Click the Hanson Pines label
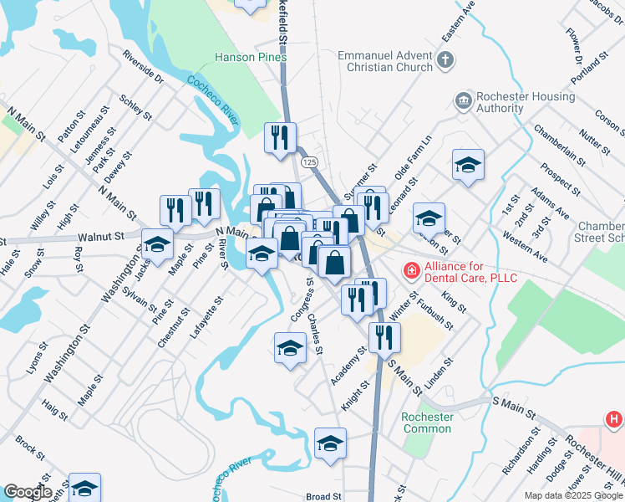pos(251,58)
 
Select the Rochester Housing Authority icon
pos(463,102)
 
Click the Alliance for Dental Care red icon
pos(411,270)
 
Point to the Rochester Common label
pos(427,423)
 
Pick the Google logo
pos(28,492)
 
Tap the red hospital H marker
pos(614,418)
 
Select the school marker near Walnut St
pos(156,244)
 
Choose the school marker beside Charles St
pos(290,347)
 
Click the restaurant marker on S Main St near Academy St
pos(384,337)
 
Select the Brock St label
pos(29,445)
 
